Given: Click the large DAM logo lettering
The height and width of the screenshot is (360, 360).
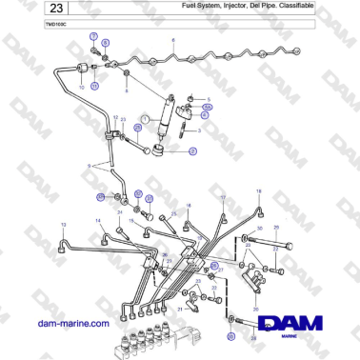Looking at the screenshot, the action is point(296,326).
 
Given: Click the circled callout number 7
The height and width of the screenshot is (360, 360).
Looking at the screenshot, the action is point(93,35).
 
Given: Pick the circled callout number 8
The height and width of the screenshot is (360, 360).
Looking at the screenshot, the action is point(106,44).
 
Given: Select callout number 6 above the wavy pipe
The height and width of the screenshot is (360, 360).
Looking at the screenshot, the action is point(173,41).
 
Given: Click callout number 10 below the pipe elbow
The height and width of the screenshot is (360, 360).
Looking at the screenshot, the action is point(82,87).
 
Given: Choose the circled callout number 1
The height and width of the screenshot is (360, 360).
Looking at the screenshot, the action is point(144,119).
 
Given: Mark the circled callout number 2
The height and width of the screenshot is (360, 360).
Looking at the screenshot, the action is point(192,151).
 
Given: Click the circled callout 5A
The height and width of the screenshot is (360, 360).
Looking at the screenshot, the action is point(209,106).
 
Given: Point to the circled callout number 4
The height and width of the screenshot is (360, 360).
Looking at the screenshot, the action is point(206,115).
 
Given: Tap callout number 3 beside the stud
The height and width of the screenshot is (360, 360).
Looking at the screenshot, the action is point(198,130).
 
